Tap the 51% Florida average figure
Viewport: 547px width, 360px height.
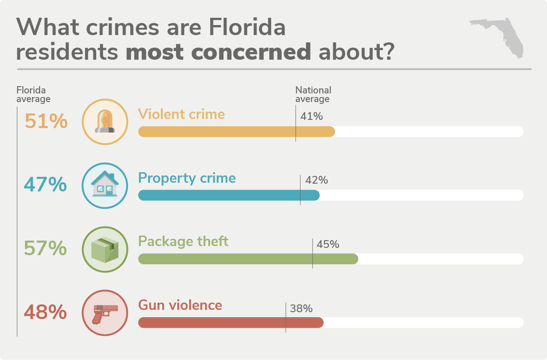46,122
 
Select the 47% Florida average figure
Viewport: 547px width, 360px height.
46,185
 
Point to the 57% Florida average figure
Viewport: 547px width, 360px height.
46,249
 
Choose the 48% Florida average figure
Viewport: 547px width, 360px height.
46,313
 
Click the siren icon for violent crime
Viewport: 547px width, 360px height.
105,122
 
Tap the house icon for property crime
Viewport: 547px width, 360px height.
105,185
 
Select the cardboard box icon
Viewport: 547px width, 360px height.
105,249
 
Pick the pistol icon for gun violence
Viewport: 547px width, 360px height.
105,313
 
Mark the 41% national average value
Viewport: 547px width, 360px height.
312,117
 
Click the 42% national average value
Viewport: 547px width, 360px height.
317,180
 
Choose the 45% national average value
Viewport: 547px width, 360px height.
328,244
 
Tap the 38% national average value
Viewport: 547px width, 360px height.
301,309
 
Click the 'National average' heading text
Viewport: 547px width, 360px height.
313,94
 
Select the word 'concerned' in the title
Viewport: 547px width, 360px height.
244,52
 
